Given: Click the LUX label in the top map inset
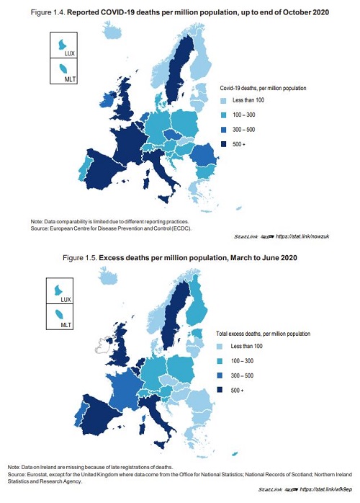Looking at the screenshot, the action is point(69,53).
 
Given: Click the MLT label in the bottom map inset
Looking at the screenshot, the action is point(66,325).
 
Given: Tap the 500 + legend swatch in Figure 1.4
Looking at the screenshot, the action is point(224,144).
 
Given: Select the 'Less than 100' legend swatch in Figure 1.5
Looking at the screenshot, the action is point(220,347).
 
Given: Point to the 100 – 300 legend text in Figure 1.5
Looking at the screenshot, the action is point(242,361).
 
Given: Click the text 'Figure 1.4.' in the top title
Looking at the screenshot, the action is point(48,12).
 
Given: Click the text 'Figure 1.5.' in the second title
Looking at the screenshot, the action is point(80,258).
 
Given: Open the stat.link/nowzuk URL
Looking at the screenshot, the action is point(302,236).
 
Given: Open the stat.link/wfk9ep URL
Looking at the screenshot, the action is point(325,489).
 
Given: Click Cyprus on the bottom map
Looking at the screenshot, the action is point(234,453).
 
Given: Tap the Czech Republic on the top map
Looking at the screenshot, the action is point(173,135).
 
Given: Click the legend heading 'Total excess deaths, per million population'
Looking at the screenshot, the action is point(264,334).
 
